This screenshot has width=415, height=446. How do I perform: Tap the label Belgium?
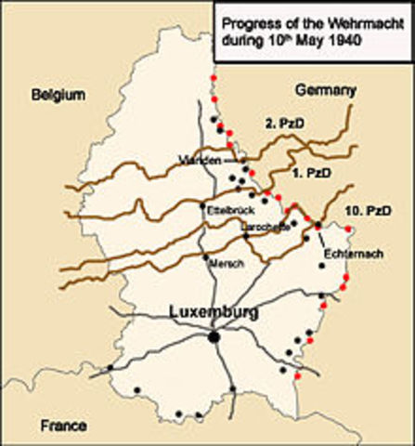(58, 95)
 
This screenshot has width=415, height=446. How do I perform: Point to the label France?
(63, 426)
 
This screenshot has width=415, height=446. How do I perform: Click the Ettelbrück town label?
(227, 210)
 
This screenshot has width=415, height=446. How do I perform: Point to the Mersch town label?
(227, 263)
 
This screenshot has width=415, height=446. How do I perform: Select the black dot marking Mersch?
(204, 256)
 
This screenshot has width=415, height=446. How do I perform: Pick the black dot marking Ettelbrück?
(202, 204)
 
